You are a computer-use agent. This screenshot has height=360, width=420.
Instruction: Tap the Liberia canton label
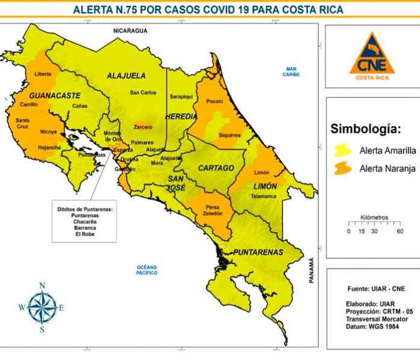pyautogui.click(x=43, y=74)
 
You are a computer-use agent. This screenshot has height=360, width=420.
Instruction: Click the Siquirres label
pyautogui.click(x=229, y=135)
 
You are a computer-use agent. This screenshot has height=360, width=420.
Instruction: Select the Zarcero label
pyautogui.click(x=143, y=127)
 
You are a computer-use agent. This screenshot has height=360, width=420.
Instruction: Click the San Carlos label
pyautogui.click(x=143, y=92)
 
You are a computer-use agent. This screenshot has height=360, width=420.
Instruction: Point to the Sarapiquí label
pyautogui.click(x=180, y=96)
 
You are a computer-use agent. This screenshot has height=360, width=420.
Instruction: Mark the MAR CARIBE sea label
pyautogui.click(x=293, y=71)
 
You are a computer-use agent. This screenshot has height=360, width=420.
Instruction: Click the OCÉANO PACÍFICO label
pyautogui.click(x=147, y=270)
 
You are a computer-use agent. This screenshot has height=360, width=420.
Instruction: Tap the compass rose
pyautogui.click(x=42, y=307)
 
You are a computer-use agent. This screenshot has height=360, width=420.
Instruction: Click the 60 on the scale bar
pyautogui.click(x=399, y=231)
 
